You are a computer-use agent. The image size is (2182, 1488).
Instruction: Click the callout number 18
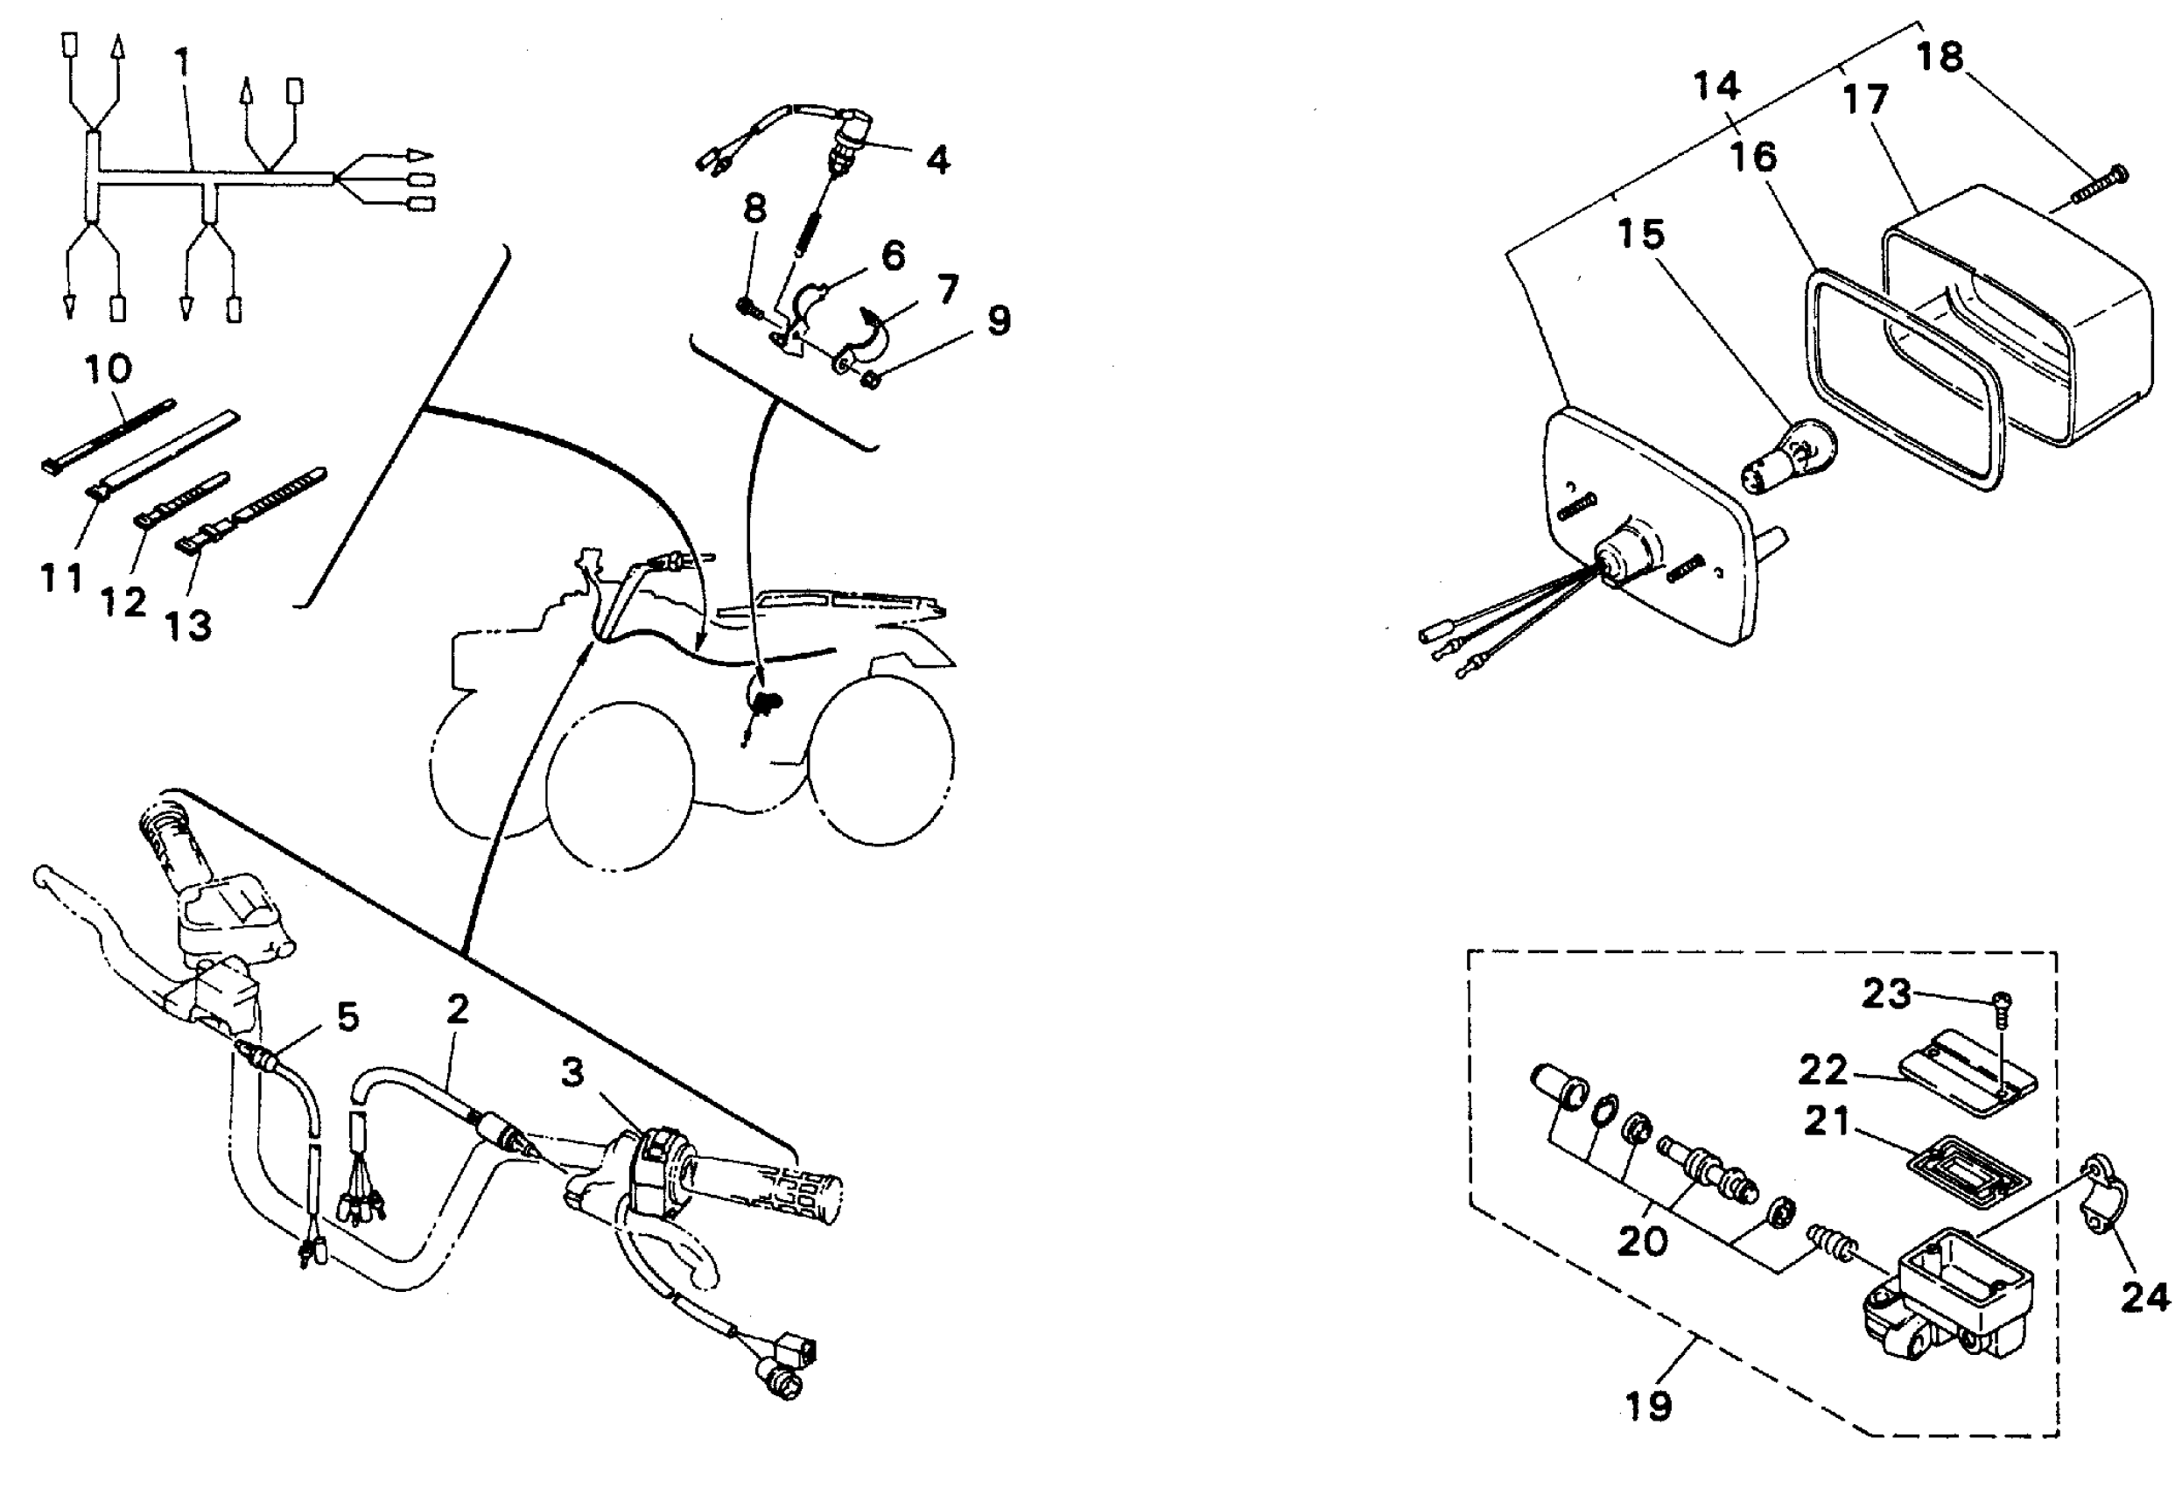[1940, 58]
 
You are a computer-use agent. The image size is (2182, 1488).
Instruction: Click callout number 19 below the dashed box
[1649, 1406]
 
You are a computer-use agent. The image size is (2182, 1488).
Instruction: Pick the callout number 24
[2144, 1298]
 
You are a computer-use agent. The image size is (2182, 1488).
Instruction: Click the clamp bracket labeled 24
[2106, 1200]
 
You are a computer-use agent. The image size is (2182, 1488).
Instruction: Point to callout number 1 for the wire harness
[182, 62]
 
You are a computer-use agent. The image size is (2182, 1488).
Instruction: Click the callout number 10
[108, 369]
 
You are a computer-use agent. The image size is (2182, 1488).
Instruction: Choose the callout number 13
[188, 626]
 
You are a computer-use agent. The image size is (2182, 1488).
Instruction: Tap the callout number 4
[937, 159]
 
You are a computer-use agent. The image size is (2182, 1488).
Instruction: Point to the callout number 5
[347, 1017]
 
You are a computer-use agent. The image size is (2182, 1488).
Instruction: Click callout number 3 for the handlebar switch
[572, 1072]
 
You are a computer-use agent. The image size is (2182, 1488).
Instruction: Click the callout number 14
[1716, 87]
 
